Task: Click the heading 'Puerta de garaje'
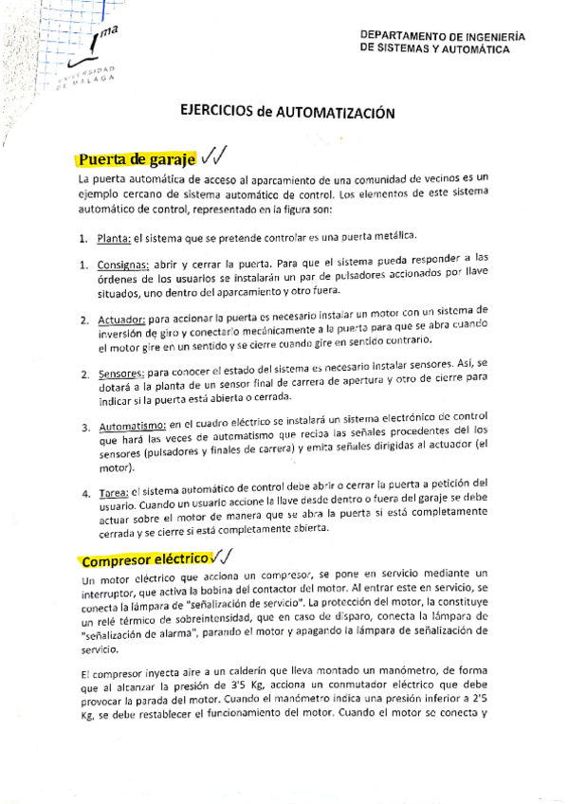(x=137, y=158)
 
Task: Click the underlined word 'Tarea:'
(x=111, y=492)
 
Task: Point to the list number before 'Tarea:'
(x=83, y=492)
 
